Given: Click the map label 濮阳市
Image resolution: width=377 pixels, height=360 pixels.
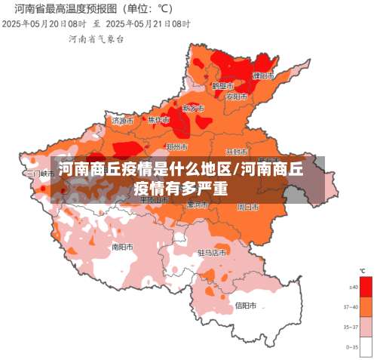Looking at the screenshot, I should (263, 76).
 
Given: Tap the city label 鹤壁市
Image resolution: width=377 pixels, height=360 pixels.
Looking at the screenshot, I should (222, 86).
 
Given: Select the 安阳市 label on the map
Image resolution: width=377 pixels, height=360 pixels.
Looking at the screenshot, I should (236, 97).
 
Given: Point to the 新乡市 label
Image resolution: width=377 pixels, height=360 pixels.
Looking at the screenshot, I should (194, 109).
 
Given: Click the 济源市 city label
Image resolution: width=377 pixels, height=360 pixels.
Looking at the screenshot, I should (123, 120).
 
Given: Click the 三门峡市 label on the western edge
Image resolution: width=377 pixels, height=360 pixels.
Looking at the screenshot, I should (40, 173).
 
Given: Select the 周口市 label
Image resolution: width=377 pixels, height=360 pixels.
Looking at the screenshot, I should (248, 205).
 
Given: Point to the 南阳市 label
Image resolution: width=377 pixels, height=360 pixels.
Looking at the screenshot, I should (122, 246).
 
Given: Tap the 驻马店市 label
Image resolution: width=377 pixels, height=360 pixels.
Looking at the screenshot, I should (212, 252).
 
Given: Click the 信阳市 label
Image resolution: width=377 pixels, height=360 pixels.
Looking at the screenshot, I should (246, 306).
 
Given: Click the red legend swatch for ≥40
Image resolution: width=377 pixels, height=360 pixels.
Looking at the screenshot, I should (366, 288).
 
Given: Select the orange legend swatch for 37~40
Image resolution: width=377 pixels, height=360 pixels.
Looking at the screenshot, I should (366, 306).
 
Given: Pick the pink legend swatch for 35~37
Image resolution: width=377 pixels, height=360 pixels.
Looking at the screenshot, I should (366, 326).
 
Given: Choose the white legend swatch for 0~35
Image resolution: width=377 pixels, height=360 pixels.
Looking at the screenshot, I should (366, 346).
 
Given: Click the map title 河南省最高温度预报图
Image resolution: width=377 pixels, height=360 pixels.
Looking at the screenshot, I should (63, 9).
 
